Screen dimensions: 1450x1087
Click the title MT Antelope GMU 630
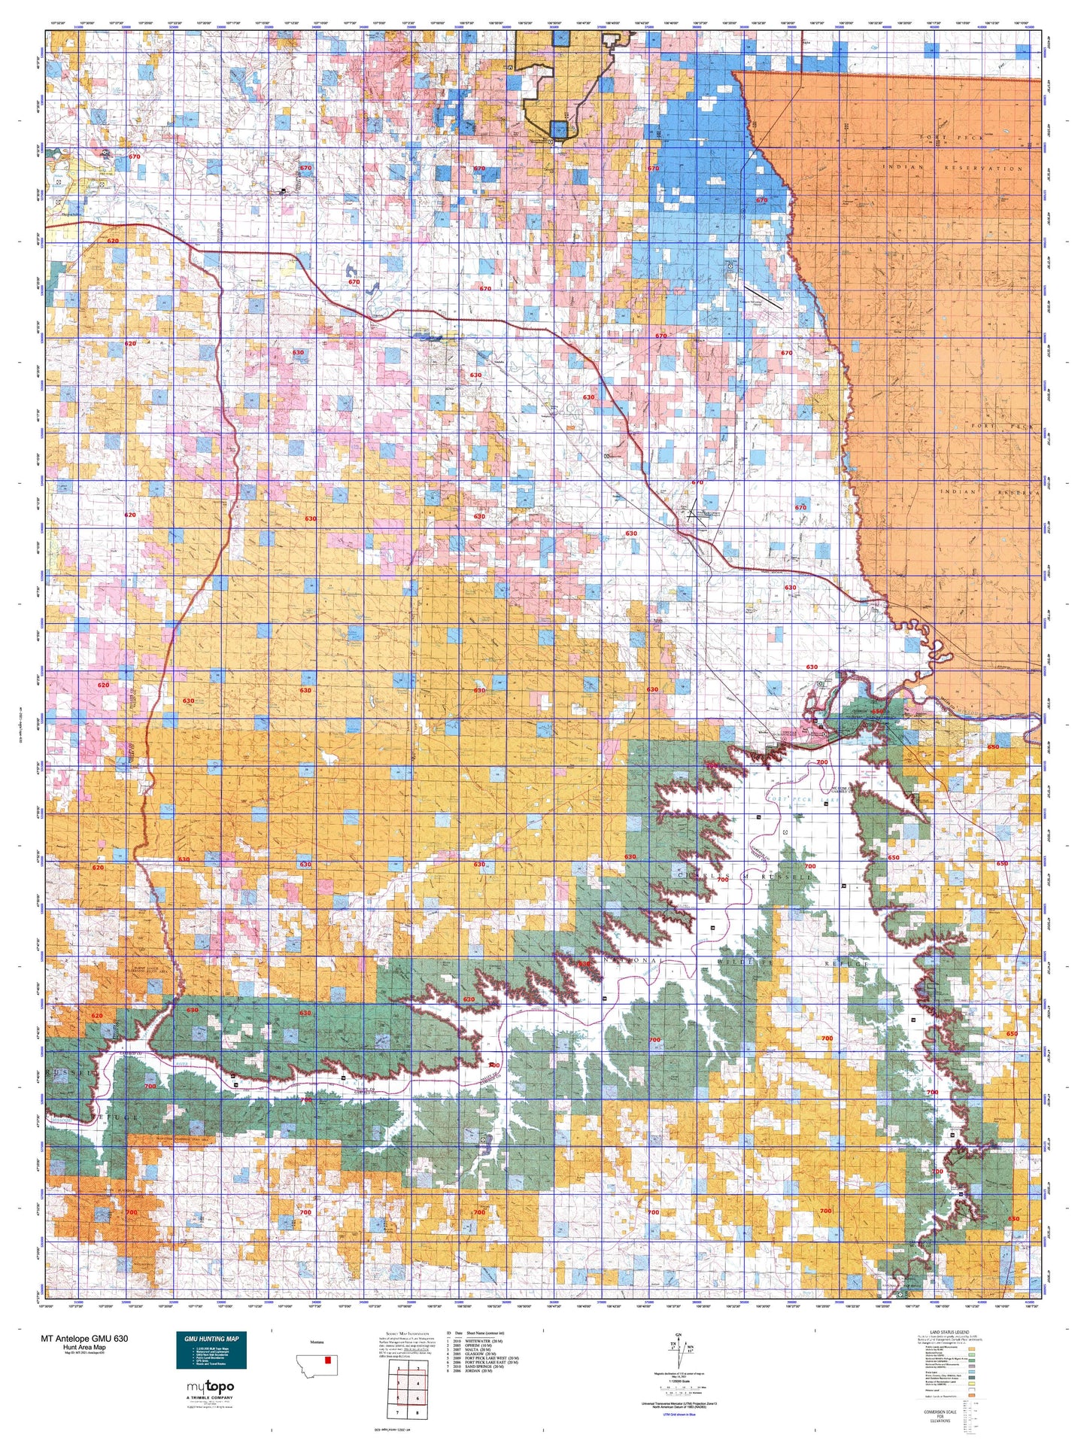pos(84,1339)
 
